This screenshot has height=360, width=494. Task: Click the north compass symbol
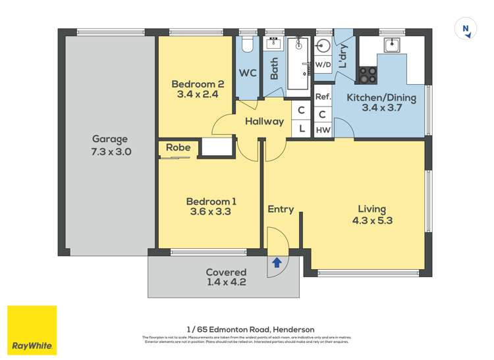466,29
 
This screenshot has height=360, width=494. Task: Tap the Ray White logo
32,330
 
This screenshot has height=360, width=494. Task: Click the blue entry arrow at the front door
277,263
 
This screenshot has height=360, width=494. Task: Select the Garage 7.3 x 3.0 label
110,145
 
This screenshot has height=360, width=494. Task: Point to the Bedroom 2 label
194,89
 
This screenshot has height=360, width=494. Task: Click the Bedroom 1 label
211,207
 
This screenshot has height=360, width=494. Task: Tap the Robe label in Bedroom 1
178,148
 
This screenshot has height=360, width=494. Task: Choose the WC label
248,73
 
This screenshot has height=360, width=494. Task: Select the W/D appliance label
323,65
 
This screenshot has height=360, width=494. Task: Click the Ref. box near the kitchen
323,97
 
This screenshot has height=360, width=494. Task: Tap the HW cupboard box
323,130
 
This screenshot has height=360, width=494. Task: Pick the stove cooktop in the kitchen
368,74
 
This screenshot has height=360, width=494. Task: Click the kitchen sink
393,44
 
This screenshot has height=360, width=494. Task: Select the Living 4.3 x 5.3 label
373,215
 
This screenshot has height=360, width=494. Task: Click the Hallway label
264,121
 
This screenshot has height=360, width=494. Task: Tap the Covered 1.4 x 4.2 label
226,277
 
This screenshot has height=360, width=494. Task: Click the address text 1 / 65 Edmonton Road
250,329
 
